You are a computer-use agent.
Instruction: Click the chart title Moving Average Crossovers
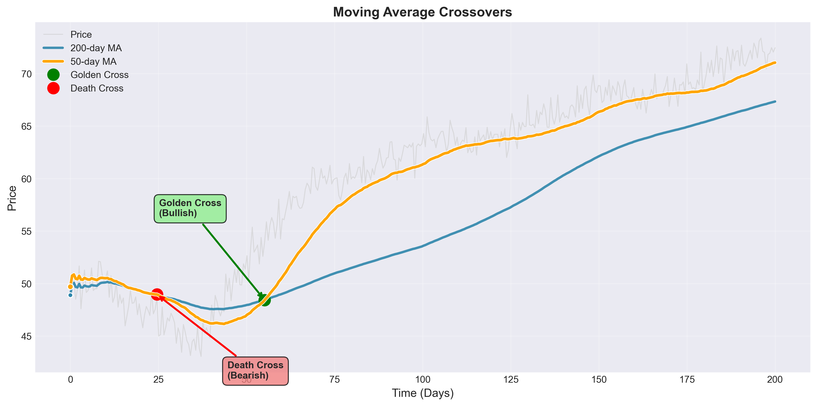coord(422,12)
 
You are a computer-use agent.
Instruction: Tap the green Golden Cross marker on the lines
coord(265,299)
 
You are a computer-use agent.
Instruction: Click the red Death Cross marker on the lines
coord(157,294)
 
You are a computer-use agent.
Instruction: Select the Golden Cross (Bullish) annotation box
coord(190,209)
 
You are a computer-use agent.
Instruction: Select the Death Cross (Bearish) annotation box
coord(255,371)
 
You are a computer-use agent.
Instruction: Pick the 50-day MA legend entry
coord(93,62)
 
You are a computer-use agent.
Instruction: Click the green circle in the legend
coord(53,75)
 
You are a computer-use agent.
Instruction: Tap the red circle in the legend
coord(53,88)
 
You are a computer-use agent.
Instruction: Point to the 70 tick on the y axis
coord(27,74)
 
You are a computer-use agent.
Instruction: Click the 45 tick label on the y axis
coord(27,336)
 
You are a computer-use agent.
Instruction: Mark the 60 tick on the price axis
coord(27,179)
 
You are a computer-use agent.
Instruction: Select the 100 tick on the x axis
coord(422,380)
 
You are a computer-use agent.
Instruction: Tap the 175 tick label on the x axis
coord(687,380)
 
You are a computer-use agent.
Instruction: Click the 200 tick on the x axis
coord(775,380)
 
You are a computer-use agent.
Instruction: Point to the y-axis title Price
coord(12,198)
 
